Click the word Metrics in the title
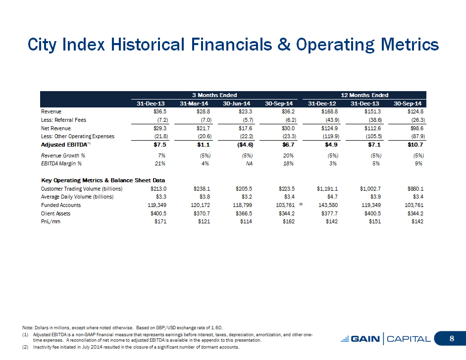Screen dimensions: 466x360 [410, 45]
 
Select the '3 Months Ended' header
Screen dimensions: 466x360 [214, 95]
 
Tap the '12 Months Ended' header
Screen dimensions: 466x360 [364, 95]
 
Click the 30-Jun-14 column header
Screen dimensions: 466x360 [237, 103]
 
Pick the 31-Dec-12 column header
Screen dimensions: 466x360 [322, 103]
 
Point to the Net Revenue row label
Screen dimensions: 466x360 [56, 128]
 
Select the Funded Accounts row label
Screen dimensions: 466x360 [61, 205]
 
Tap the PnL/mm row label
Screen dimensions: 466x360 [51, 221]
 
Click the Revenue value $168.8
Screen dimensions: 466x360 [329, 112]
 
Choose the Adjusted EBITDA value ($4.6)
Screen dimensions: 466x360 [246, 145]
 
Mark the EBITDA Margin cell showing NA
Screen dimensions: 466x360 [249, 163]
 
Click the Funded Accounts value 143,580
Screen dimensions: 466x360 [328, 205]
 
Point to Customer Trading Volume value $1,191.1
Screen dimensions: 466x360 [327, 189]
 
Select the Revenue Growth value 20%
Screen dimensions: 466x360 [288, 155]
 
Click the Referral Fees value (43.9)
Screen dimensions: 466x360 [333, 120]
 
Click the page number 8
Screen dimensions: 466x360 [452, 339]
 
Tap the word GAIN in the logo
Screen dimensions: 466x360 [365, 339]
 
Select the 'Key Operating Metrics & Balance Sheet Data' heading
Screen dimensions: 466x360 [103, 180]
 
